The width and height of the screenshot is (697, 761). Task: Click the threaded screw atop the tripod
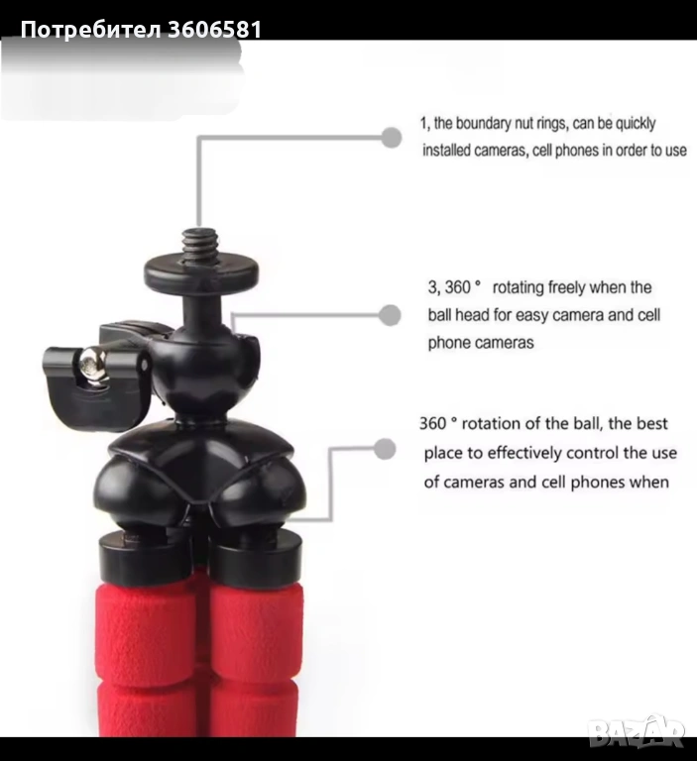200,244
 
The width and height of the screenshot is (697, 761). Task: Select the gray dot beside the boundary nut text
391,138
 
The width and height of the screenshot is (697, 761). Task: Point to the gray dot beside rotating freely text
390,315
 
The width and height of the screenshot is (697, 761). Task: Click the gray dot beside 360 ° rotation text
385,449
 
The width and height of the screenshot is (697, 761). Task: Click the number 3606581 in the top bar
215,29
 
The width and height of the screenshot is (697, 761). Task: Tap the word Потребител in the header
91,30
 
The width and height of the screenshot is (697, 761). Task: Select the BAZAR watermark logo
637,730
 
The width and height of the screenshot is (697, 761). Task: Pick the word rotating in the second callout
519,287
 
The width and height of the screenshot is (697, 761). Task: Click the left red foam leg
146,655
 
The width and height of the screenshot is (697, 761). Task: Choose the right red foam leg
255,660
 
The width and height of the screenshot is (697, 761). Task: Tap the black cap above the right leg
257,557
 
